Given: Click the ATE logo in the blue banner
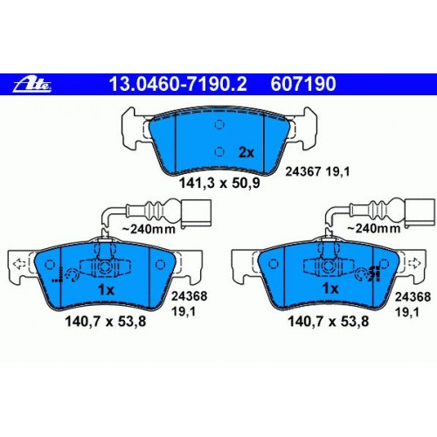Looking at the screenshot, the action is (32, 84).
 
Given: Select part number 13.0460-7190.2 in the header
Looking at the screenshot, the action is (177, 84).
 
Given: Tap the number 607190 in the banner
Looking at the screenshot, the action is (303, 84).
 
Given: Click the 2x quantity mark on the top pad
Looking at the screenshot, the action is (246, 152).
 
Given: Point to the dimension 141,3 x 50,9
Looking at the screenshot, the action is (219, 184).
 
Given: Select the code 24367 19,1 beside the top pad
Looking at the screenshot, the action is (317, 171).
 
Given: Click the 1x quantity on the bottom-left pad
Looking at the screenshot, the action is (106, 290).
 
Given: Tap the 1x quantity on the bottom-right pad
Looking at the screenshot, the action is (330, 288).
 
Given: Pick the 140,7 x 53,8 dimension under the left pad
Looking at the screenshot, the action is (106, 322).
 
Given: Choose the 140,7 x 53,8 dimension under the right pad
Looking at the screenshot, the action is (329, 322).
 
